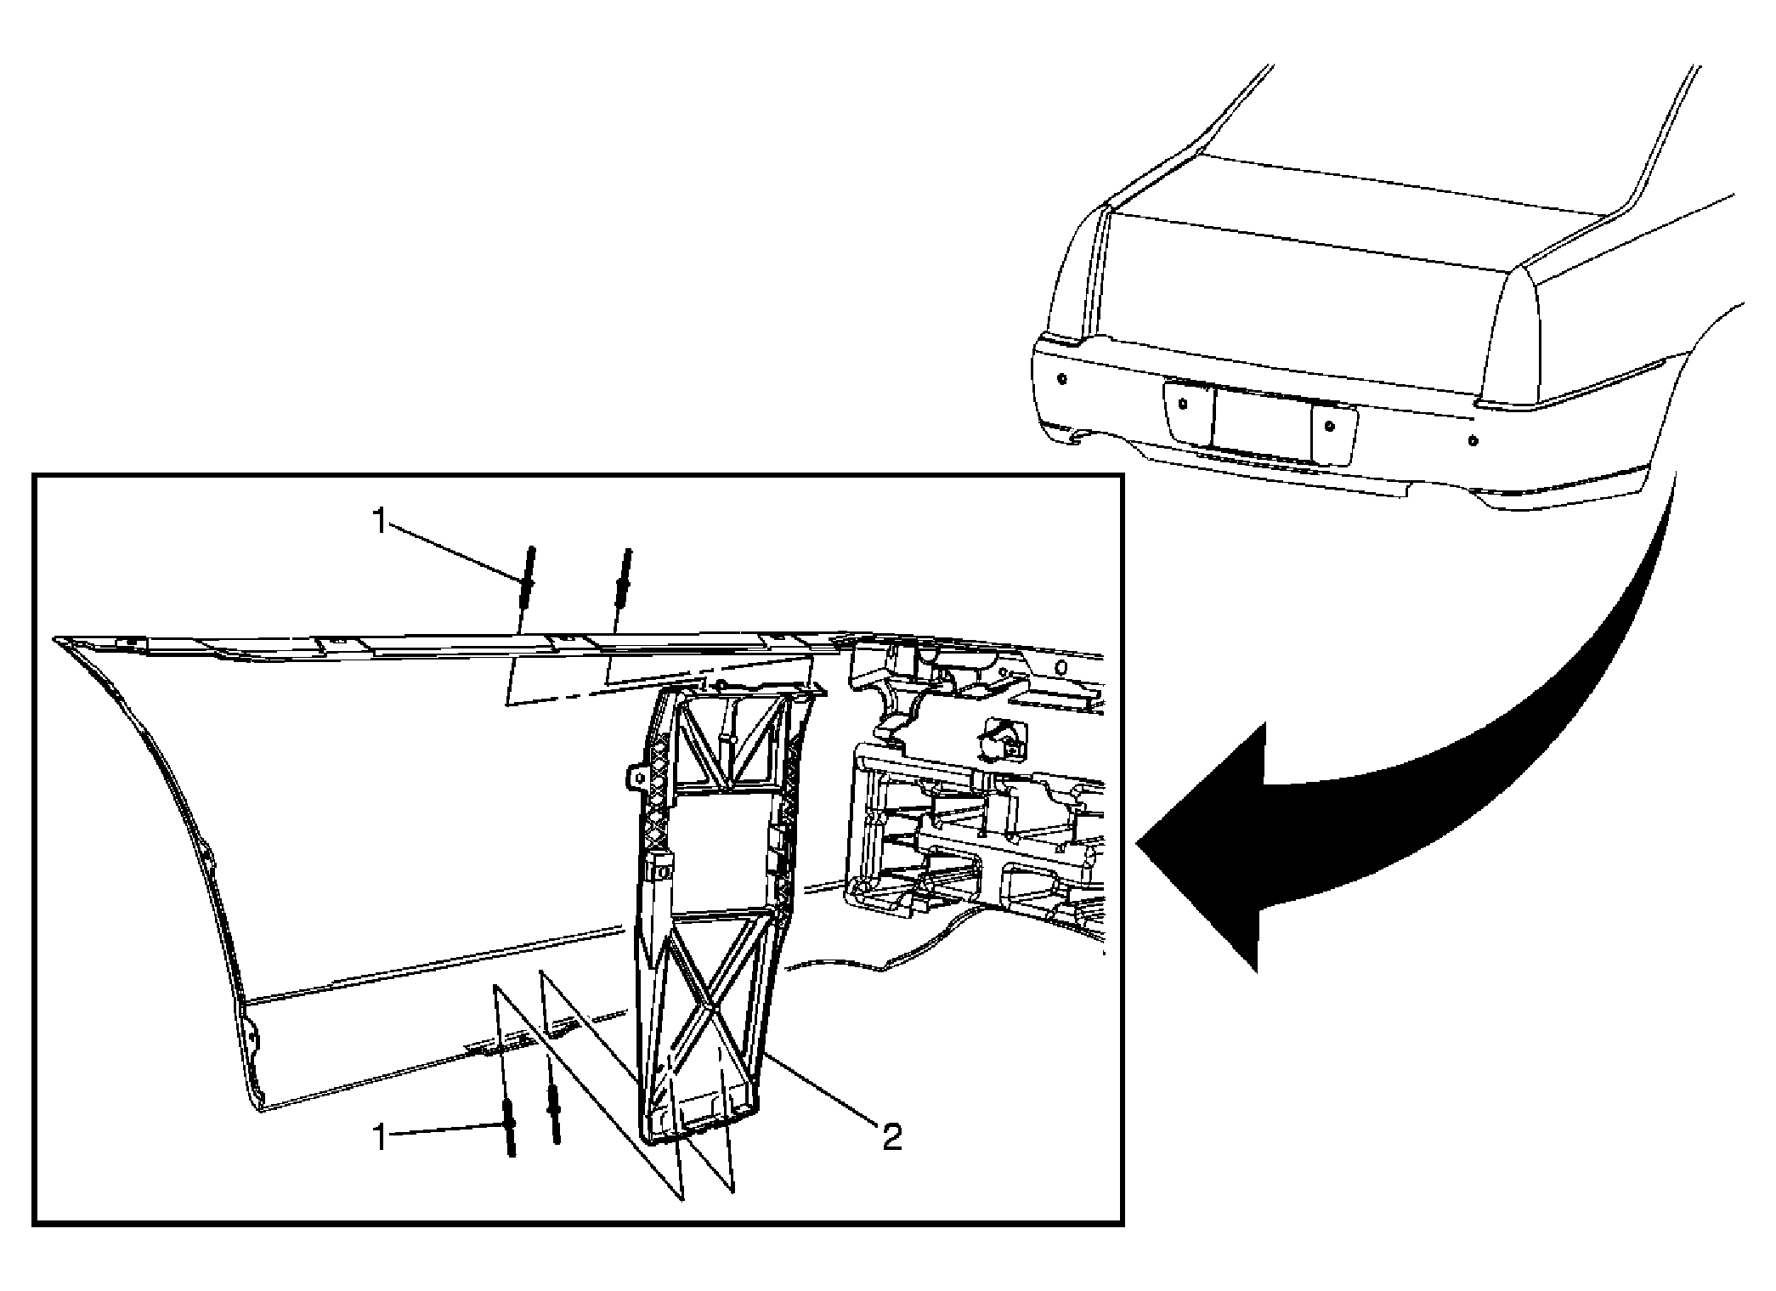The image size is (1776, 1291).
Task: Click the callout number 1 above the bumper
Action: click(x=380, y=521)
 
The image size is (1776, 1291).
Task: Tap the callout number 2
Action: click(x=891, y=1136)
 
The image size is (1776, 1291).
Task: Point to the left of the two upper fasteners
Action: click(x=529, y=578)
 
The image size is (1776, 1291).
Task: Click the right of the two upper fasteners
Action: click(x=623, y=578)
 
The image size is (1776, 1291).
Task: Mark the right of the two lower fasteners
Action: click(x=554, y=1113)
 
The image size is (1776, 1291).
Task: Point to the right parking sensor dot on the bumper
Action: click(x=1473, y=442)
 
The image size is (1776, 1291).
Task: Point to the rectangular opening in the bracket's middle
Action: click(x=722, y=850)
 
